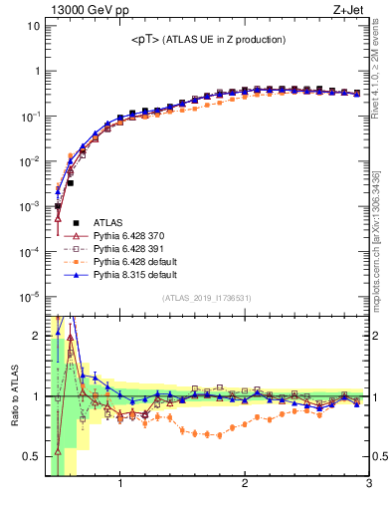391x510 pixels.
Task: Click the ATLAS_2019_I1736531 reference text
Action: coord(207,298)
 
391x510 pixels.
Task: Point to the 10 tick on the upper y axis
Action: coord(33,26)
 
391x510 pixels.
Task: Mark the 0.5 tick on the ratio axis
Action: coord(32,457)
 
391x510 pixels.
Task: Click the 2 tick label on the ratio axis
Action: coord(37,336)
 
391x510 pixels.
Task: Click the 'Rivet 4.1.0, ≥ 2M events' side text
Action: coord(379,72)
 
